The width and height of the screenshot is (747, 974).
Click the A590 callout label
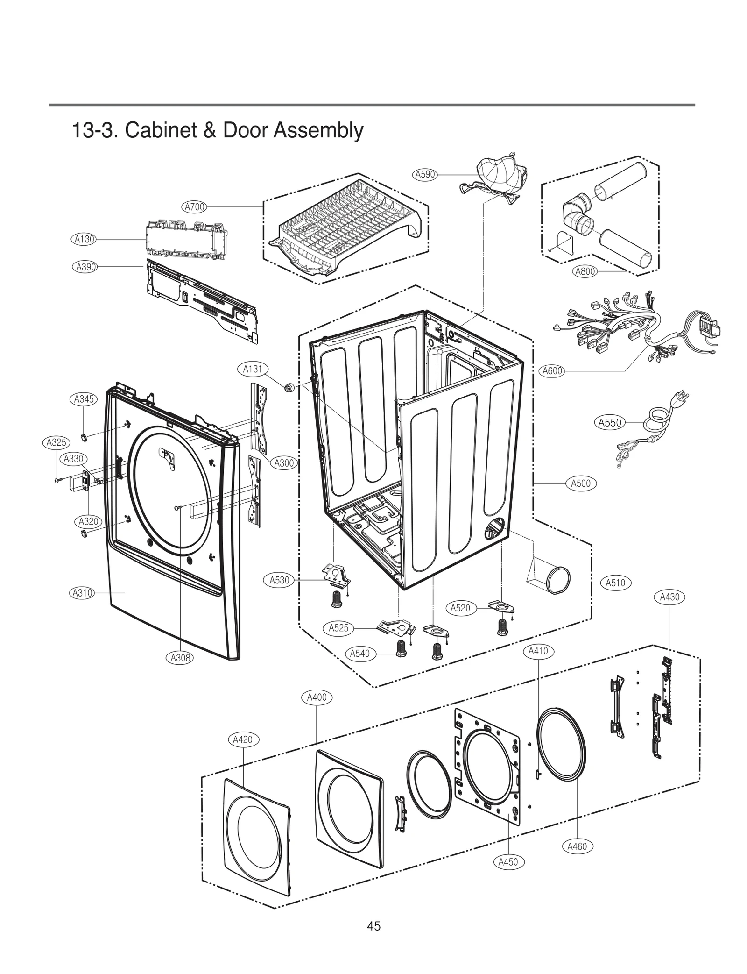424,175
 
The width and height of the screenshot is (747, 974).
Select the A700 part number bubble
194,207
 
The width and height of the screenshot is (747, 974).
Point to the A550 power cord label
610,423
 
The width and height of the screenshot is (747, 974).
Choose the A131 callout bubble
253,369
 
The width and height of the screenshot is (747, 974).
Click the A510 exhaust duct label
615,583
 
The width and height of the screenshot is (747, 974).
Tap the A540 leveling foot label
359,654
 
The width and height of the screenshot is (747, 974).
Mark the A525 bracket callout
338,628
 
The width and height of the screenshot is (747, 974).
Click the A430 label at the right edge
669,597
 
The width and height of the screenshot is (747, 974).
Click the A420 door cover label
242,739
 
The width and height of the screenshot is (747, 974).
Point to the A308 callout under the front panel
180,658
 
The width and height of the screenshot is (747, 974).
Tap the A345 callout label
84,399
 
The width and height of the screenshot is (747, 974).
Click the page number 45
373,926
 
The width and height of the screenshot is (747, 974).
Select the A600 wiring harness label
552,371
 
